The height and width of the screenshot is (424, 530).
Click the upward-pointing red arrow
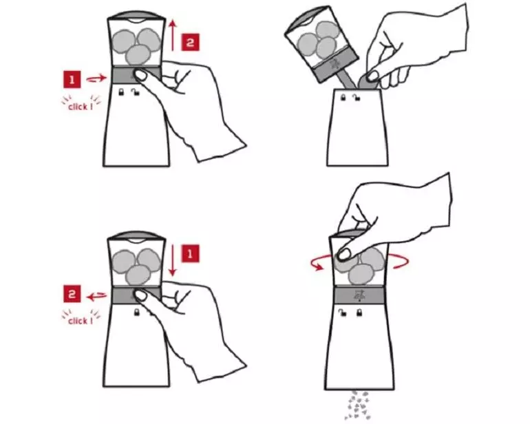coord(173,35)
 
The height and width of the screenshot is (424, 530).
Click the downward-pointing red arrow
coord(173,259)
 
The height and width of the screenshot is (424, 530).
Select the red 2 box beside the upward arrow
coord(190,42)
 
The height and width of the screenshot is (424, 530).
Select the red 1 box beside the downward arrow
coord(190,253)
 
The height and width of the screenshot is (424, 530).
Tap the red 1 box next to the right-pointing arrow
coord(72,79)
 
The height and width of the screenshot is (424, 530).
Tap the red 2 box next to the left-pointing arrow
coord(72,294)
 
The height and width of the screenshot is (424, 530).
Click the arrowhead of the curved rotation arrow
coord(318,267)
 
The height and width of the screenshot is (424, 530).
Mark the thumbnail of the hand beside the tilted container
coord(373,76)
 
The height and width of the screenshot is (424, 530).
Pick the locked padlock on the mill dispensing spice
coord(359,312)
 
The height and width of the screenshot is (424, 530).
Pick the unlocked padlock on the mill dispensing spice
coord(342,312)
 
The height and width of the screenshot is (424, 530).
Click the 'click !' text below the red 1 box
coord(80,107)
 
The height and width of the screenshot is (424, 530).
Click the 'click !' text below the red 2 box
coord(80,321)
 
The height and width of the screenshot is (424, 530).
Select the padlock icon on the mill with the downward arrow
coord(137,312)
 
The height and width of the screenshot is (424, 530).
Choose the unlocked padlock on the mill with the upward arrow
coord(136,92)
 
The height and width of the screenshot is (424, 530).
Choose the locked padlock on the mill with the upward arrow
coord(121,92)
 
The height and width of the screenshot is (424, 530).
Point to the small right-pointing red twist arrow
coord(96,79)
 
